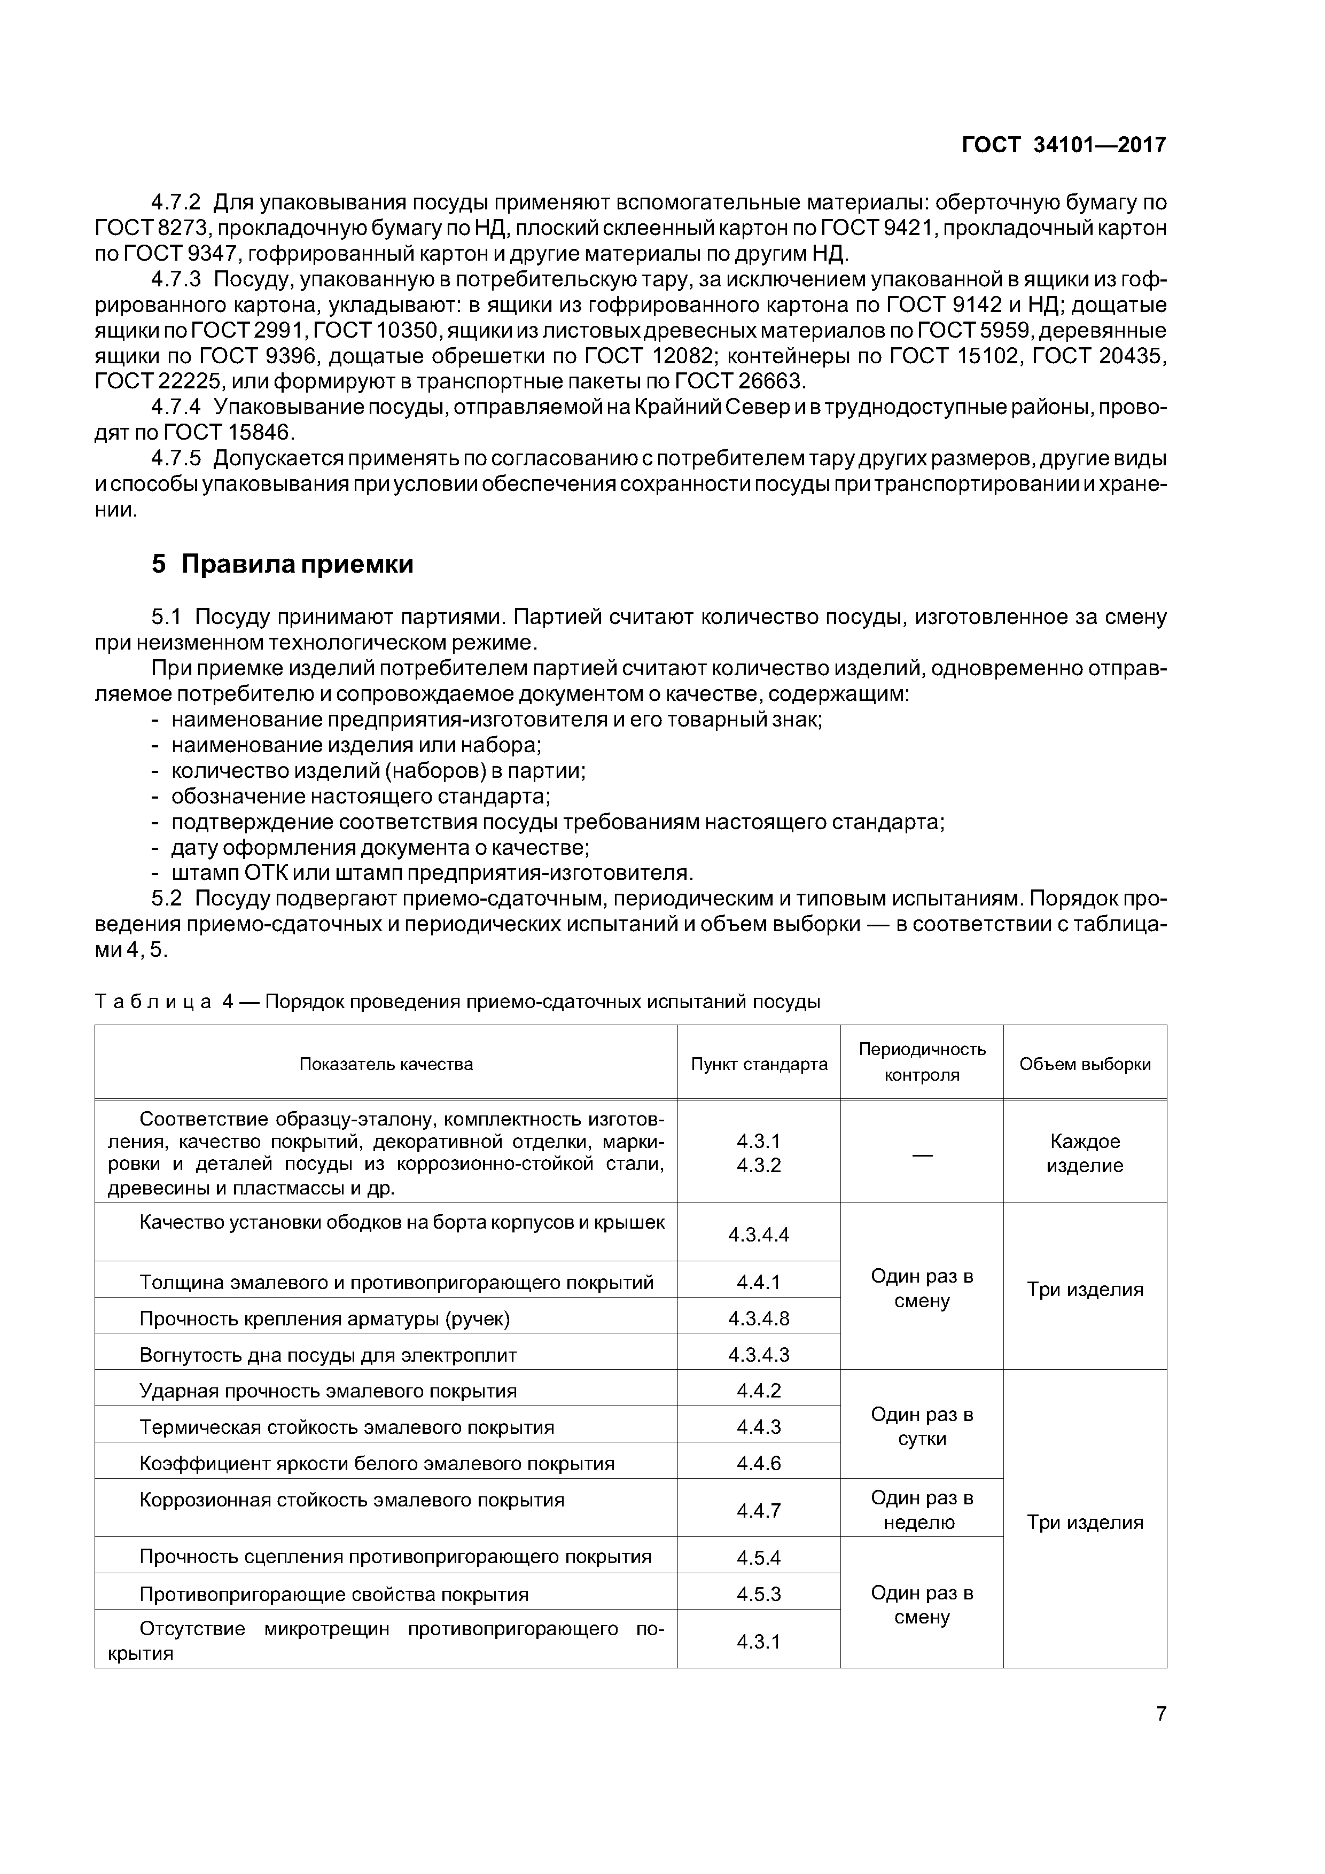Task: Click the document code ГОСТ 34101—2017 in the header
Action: point(1064,145)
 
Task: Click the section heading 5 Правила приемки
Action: point(283,564)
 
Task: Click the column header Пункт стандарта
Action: point(759,1064)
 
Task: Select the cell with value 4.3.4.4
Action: point(759,1234)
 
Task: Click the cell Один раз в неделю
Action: point(922,1510)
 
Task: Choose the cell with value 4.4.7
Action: point(759,1511)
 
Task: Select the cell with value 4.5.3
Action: point(759,1594)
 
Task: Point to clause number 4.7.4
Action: point(176,407)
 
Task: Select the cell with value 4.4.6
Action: point(759,1463)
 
